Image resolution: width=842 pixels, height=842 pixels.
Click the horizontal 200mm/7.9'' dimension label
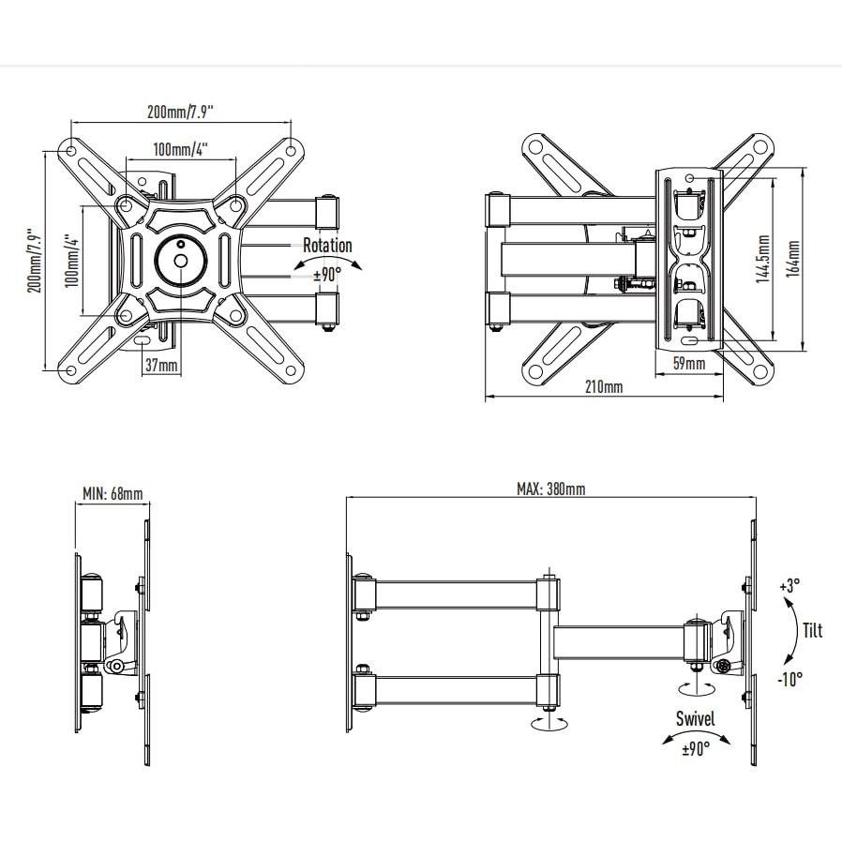[x=180, y=112]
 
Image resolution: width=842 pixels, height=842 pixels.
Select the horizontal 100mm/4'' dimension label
[x=180, y=149]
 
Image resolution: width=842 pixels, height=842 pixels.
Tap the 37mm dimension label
[x=161, y=365]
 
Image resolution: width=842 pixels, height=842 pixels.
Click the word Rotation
[x=327, y=246]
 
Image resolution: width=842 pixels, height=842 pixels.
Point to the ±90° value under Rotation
[x=327, y=275]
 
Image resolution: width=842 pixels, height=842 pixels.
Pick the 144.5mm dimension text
[x=763, y=259]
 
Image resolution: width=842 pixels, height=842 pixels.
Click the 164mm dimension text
[x=793, y=258]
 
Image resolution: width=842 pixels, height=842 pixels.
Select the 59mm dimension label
[x=689, y=364]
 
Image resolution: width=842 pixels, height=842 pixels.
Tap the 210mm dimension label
[x=604, y=386]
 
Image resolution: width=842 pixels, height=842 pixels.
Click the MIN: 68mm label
[x=113, y=493]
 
